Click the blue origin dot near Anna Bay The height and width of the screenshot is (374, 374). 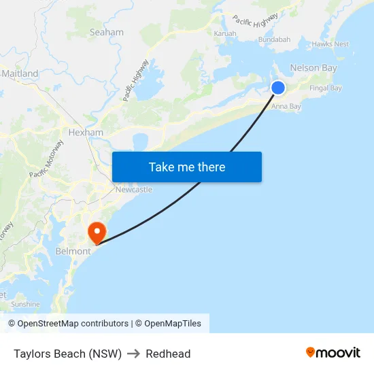click(x=278, y=87)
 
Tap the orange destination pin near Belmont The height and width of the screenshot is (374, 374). click(x=97, y=233)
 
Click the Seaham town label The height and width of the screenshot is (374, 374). click(x=107, y=32)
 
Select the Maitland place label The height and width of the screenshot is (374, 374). click(x=20, y=73)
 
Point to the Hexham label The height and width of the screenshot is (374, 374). click(x=86, y=132)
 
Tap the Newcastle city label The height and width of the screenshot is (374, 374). click(x=133, y=190)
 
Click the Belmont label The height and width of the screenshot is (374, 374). click(x=73, y=251)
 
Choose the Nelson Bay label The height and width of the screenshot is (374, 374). click(x=313, y=68)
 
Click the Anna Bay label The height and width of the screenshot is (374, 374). click(x=286, y=106)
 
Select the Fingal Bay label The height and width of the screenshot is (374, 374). click(x=326, y=88)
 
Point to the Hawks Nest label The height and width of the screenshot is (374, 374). click(x=330, y=44)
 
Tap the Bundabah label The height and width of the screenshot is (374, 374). click(x=274, y=39)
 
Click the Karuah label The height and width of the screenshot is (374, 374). click(x=225, y=33)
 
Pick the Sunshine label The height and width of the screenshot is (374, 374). click(x=25, y=304)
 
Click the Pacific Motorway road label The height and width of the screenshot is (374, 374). click(x=46, y=159)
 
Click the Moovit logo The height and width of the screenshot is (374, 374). click(x=333, y=353)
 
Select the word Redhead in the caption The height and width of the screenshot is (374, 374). click(x=168, y=354)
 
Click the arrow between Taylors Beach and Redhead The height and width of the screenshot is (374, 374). click(x=133, y=354)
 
